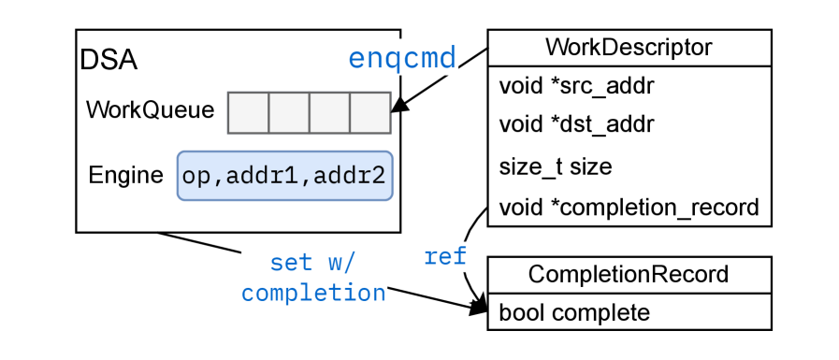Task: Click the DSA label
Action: (109, 61)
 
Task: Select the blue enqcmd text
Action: (402, 58)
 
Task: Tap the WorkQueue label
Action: (150, 110)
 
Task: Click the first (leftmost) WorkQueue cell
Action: (249, 113)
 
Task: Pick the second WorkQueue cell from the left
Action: (289, 113)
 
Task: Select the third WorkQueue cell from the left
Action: (329, 113)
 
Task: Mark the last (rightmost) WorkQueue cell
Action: (370, 113)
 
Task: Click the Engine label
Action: (125, 176)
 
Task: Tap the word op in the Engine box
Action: (196, 177)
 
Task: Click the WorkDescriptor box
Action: (629, 48)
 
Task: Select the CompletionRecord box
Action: (629, 275)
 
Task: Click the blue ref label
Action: (444, 257)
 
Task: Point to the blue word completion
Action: (314, 293)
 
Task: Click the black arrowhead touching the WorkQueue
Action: (397, 105)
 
